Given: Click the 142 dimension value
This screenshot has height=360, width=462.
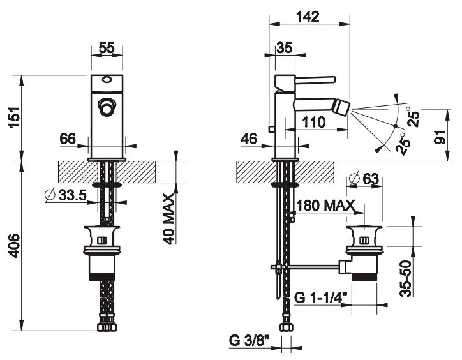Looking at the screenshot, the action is click(308, 17).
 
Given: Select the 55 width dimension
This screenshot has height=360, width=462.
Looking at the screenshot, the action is click(107, 48).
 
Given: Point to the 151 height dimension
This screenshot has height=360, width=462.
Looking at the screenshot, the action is click(15, 117).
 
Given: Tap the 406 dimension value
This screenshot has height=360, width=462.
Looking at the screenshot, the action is click(14, 246).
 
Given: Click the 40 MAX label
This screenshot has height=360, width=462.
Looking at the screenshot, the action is click(169, 219).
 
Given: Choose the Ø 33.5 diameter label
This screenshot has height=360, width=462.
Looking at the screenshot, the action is click(66, 195).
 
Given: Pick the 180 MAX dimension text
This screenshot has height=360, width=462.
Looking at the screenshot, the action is click(325, 205).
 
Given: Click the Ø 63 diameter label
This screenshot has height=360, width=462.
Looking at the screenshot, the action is click(363, 178).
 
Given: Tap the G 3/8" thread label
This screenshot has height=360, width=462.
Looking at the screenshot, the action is click(250, 341).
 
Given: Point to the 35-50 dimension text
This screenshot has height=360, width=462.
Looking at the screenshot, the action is click(406, 278).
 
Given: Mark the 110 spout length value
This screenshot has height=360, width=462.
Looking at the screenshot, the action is click(314, 122).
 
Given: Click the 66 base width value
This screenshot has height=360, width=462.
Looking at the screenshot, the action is click(68, 139).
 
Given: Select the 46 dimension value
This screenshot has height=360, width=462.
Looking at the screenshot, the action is click(249, 139).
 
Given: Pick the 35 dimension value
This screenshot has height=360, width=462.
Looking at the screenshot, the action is click(285, 48).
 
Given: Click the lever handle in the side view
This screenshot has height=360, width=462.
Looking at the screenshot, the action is click(315, 80).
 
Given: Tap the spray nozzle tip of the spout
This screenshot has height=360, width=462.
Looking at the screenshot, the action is click(343, 109).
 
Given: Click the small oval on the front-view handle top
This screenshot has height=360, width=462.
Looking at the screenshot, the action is click(107, 80).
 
